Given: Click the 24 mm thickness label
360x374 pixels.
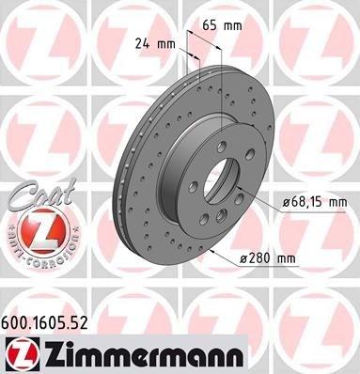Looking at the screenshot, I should (x=155, y=41).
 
